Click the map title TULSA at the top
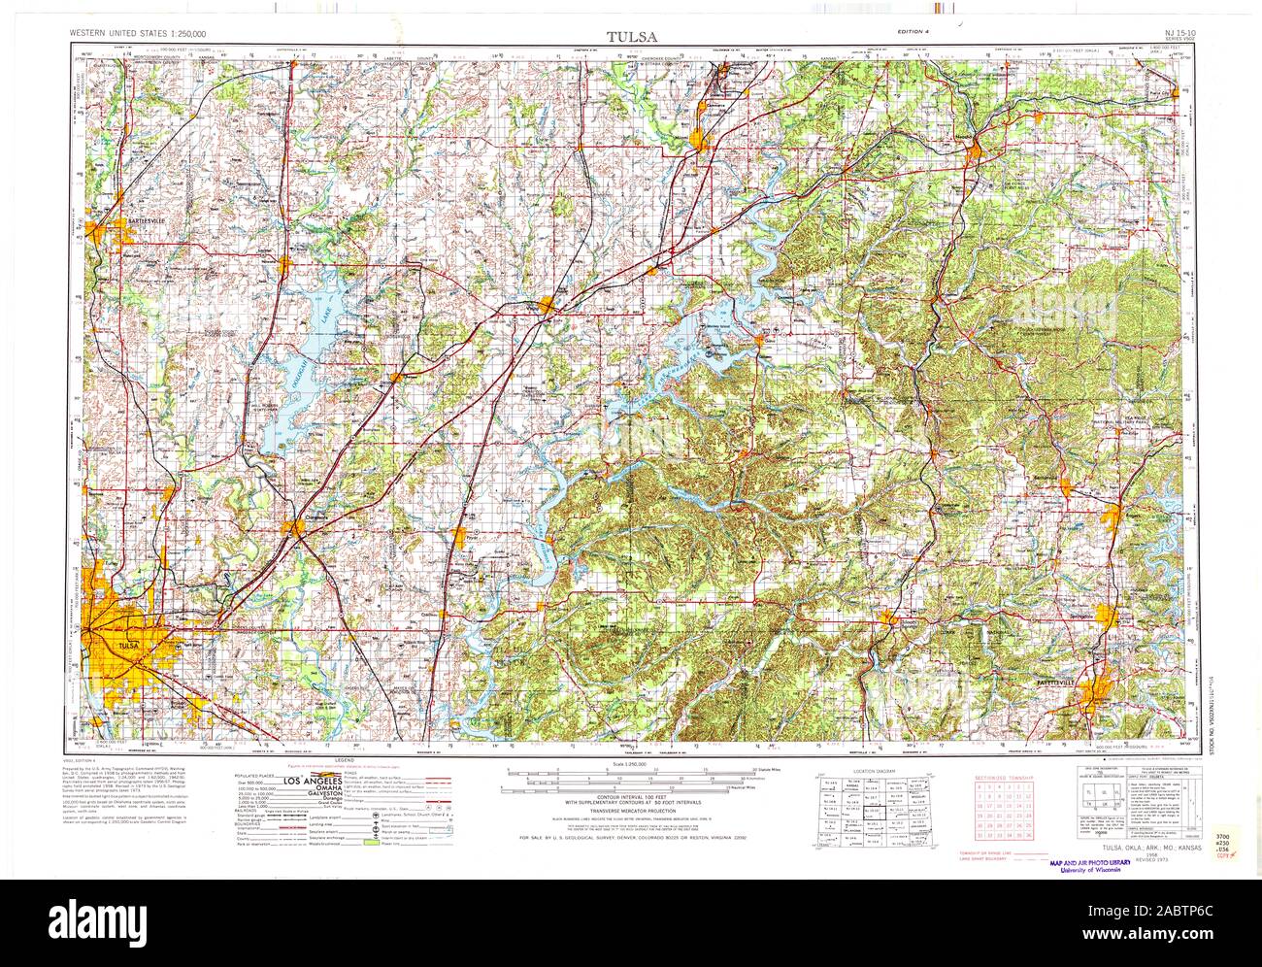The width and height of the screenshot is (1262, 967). [x=631, y=37]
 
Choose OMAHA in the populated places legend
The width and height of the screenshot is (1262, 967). [x=318, y=789]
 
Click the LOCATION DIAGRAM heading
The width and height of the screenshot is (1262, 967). [x=871, y=770]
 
